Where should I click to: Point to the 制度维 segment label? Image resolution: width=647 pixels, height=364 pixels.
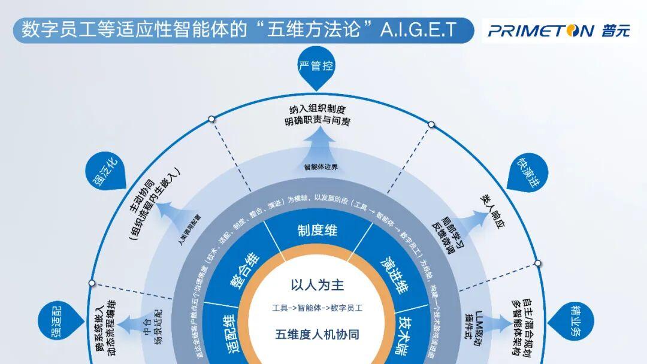point(318,230)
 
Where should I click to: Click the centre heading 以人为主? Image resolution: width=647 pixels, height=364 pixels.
point(318,284)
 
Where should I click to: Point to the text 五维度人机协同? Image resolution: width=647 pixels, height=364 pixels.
point(318,334)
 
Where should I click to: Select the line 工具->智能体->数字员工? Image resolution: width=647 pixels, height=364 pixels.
point(318,308)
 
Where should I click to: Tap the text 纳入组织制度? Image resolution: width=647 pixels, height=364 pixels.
point(318,110)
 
